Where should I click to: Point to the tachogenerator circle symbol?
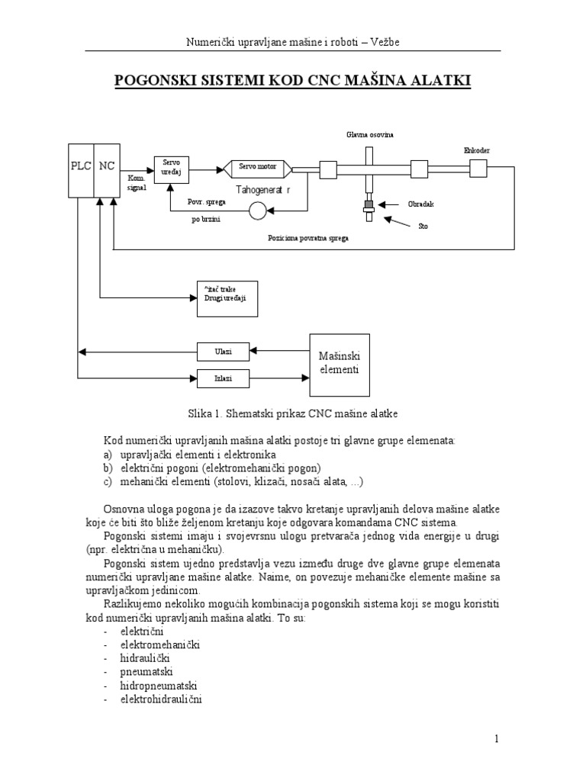pyautogui.click(x=258, y=211)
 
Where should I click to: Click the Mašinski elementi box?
pyautogui.click(x=340, y=365)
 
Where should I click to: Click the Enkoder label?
pyautogui.click(x=476, y=150)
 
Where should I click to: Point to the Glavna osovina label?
pyautogui.click(x=367, y=134)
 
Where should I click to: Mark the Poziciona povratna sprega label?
pyautogui.click(x=308, y=238)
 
